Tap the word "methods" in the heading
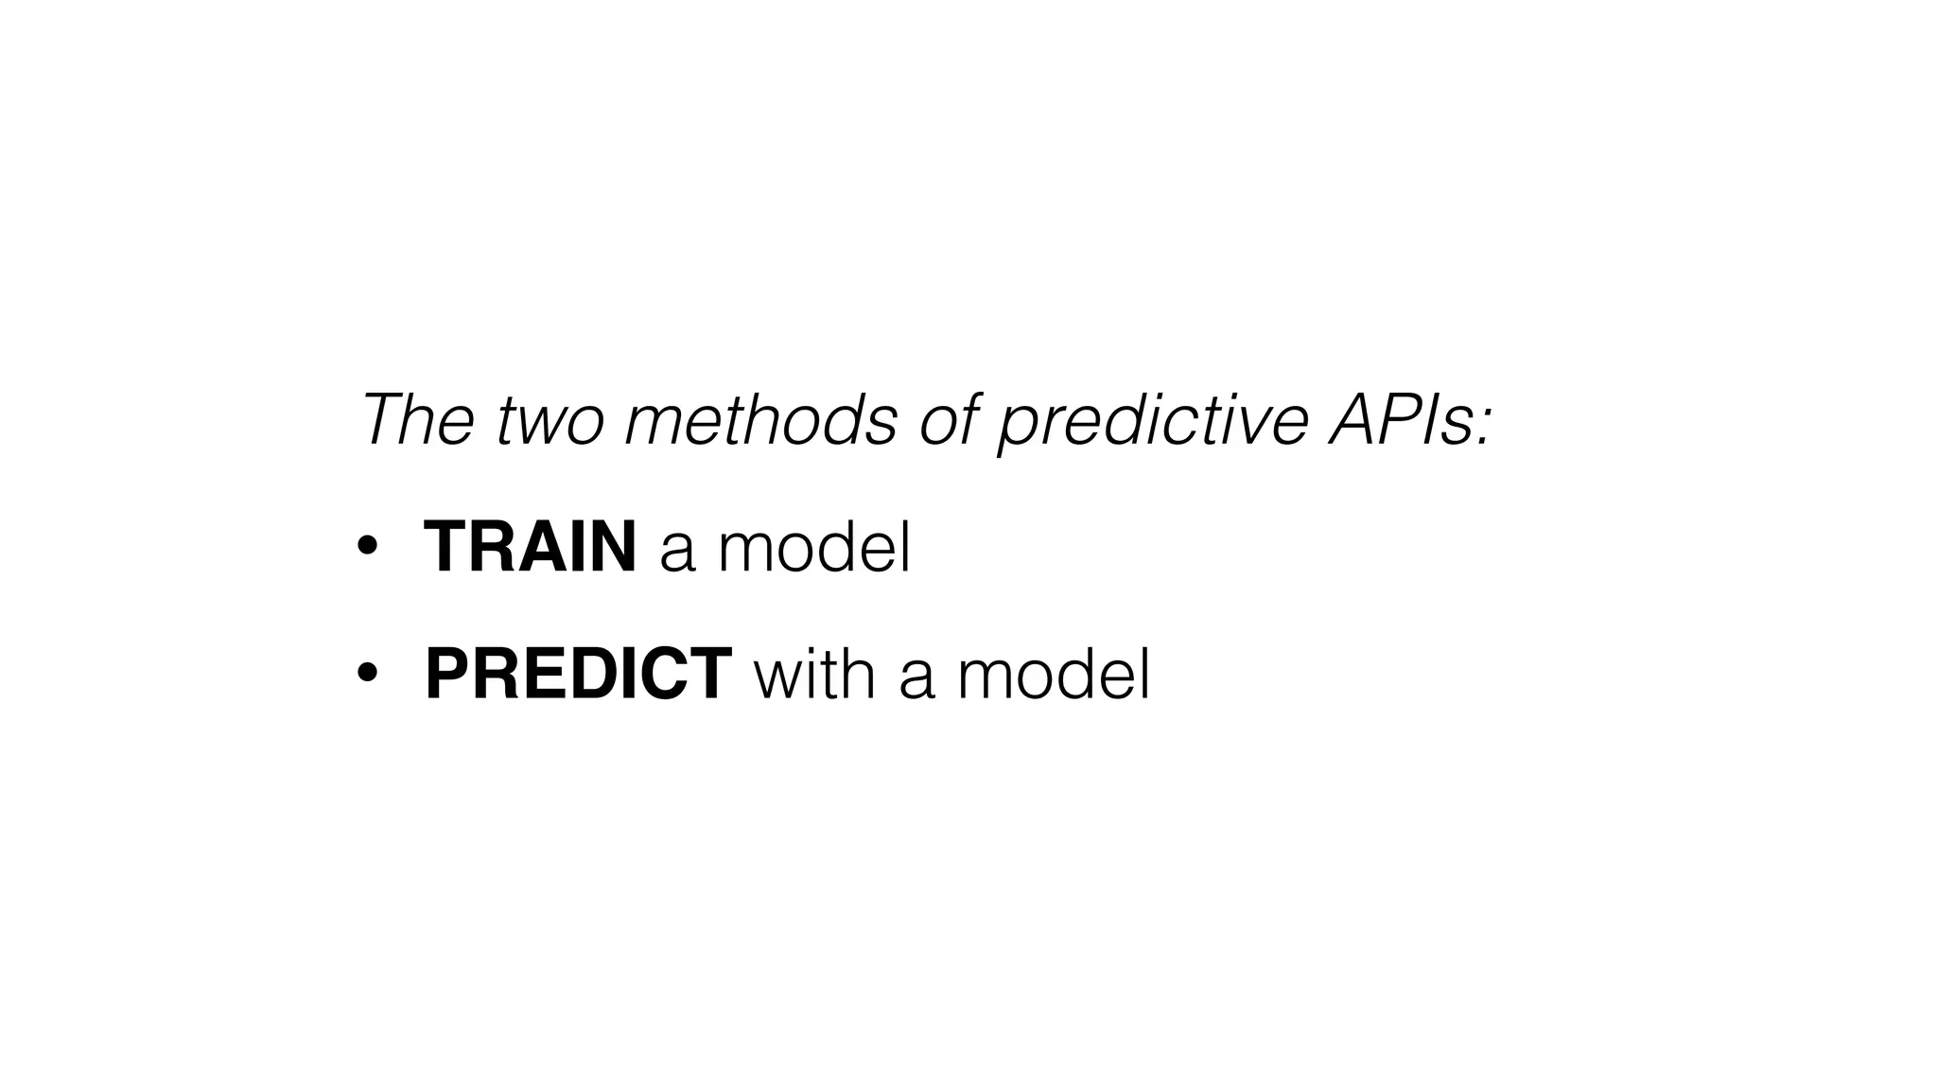click(760, 419)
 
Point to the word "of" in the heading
click(949, 419)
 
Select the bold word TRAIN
click(530, 547)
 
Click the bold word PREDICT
click(578, 674)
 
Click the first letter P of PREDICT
click(447, 674)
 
